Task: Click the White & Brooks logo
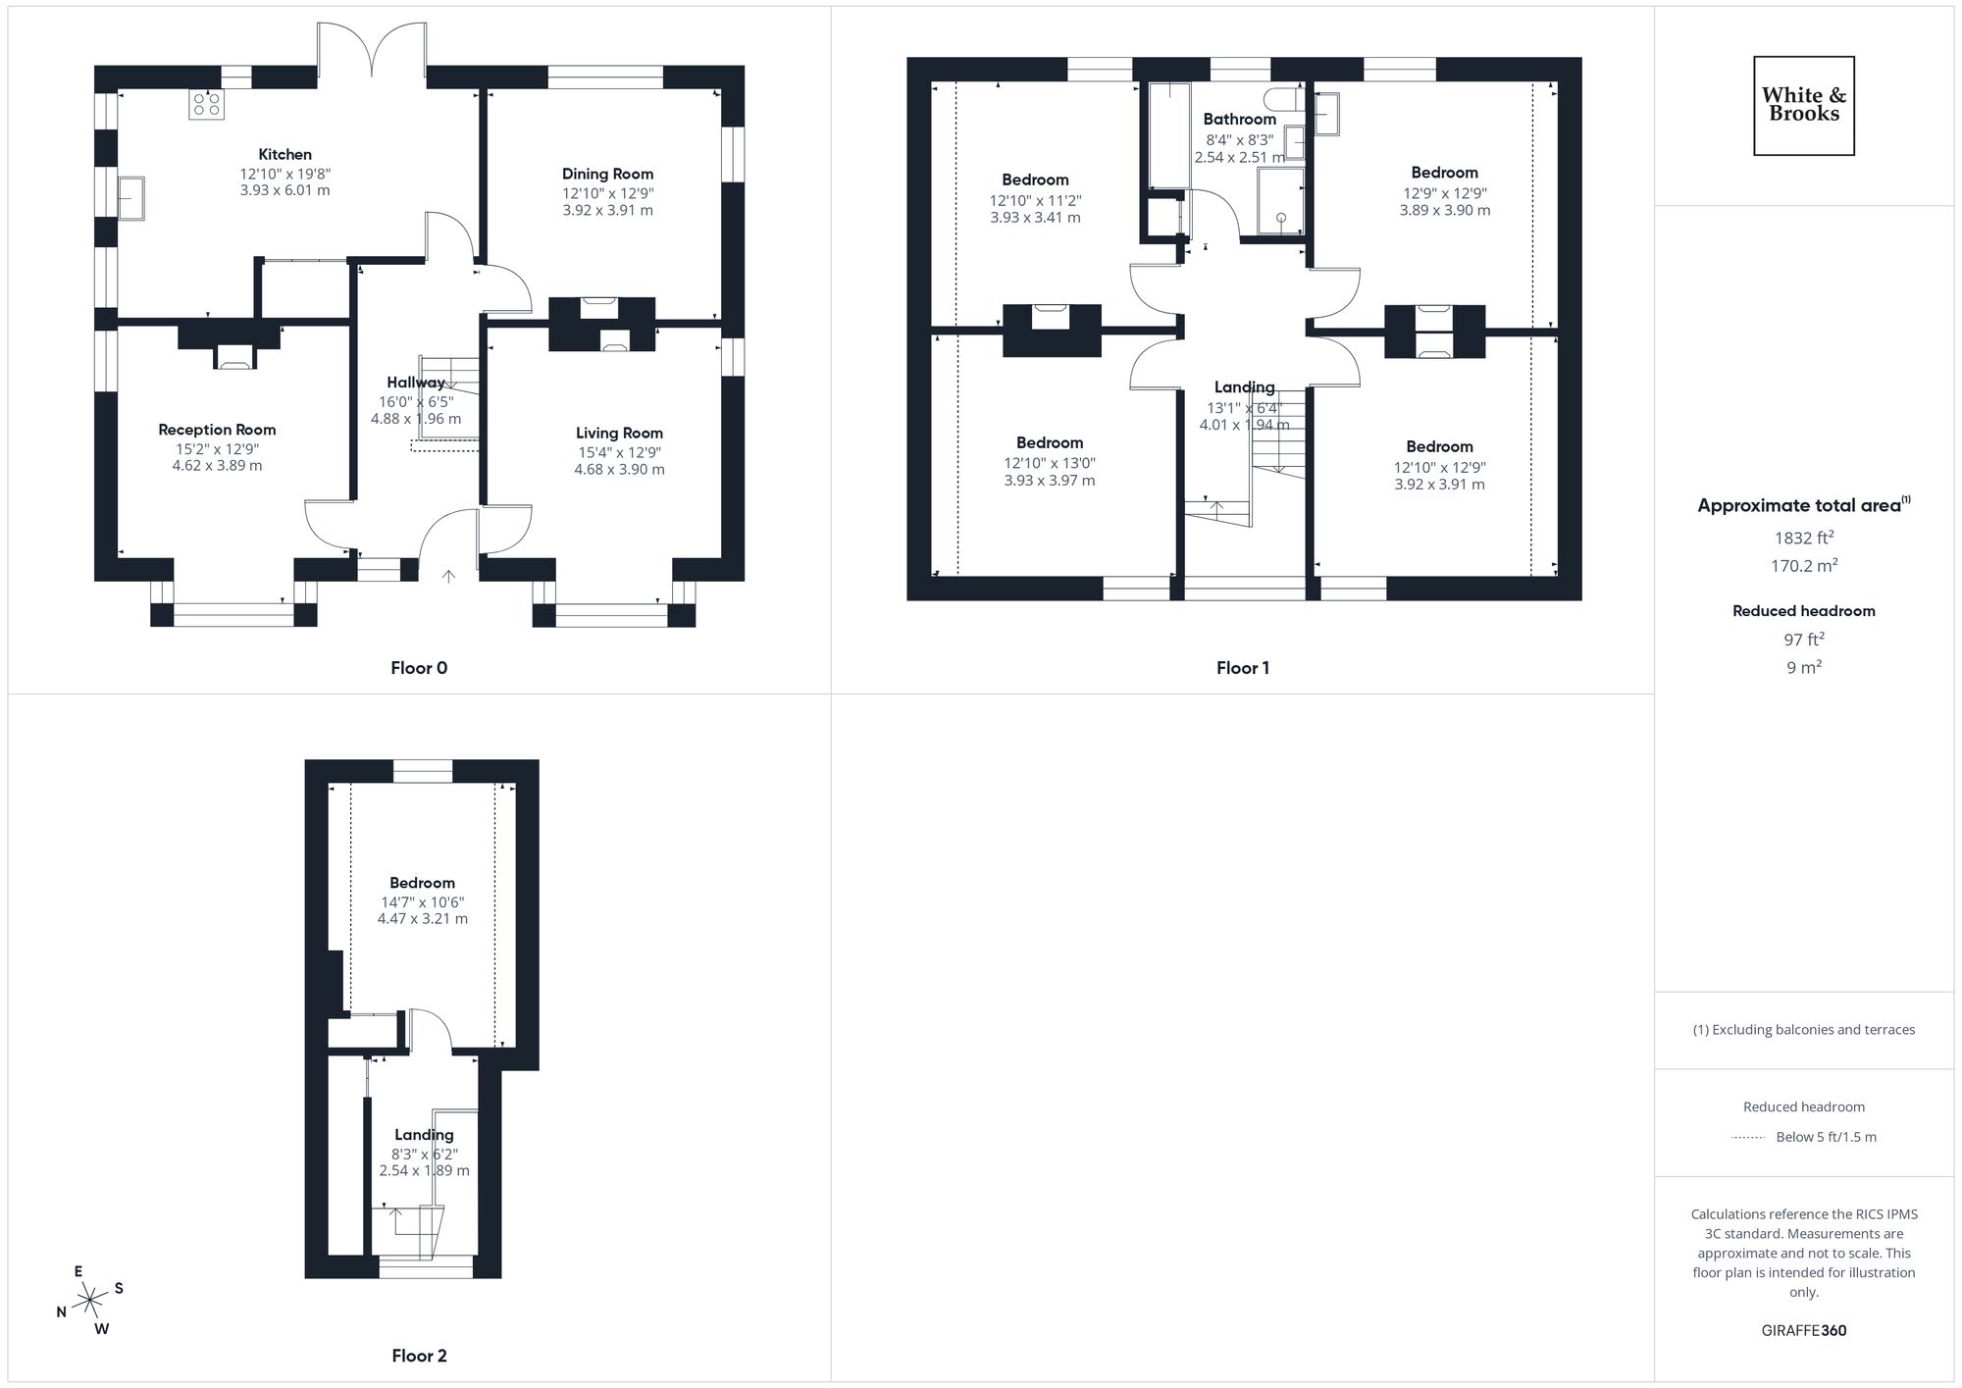(x=1803, y=105)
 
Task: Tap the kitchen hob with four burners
(x=207, y=104)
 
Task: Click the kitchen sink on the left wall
(x=130, y=197)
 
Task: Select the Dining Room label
(x=607, y=174)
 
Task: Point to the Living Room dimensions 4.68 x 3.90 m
(x=619, y=470)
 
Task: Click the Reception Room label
(x=217, y=430)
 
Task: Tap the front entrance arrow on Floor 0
(x=448, y=577)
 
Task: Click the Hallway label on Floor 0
(x=415, y=383)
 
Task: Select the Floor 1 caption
(x=1242, y=668)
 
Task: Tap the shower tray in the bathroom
(x=1280, y=201)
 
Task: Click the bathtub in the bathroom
(x=1168, y=135)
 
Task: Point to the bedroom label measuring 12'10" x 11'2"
(x=1035, y=180)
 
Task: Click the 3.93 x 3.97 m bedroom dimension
(x=1049, y=481)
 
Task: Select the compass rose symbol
(x=90, y=1301)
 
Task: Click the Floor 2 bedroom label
(x=422, y=883)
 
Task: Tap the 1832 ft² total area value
(x=1803, y=538)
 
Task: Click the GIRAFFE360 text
(x=1803, y=1331)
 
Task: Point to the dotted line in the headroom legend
(x=1748, y=1138)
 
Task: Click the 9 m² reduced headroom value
(x=1803, y=668)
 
